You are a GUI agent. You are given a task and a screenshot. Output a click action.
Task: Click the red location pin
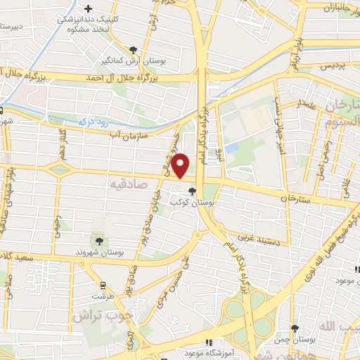[x=181, y=165]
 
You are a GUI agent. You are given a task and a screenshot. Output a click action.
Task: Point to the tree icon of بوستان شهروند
[x=98, y=240]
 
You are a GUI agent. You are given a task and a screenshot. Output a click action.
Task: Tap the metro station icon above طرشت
[x=103, y=285]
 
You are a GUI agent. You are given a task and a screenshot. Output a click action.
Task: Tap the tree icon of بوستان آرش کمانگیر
[x=133, y=49]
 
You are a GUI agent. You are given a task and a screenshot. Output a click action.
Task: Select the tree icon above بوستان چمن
[x=295, y=328]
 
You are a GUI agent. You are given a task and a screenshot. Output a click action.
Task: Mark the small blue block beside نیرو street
[x=232, y=148]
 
